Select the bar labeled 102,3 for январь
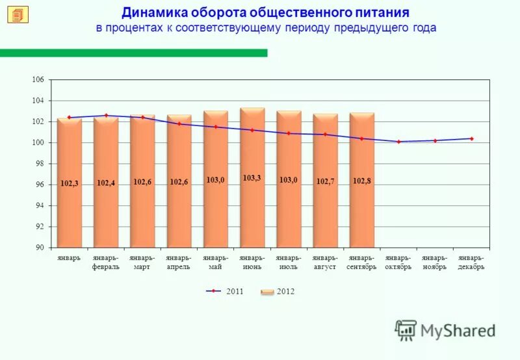click(69, 195)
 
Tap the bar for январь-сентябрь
click(362, 195)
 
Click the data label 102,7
click(326, 181)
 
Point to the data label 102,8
click(362, 181)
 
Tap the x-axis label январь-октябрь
click(398, 263)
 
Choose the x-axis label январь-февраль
click(106, 263)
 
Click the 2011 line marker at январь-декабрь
click(471, 138)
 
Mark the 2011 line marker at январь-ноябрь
click(435, 140)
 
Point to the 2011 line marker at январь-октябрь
click(398, 142)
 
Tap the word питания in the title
click(383, 13)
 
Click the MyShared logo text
click(458, 331)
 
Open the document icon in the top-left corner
click(18, 14)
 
